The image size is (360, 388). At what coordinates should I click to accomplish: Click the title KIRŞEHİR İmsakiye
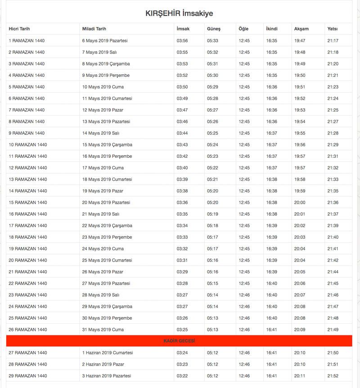179,13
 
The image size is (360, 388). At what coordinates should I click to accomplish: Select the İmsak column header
183,29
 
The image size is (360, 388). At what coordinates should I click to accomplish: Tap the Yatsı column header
333,29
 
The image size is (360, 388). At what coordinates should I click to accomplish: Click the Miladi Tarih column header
94,29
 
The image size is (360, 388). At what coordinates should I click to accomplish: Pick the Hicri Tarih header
19,29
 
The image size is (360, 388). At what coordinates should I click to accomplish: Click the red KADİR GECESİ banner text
179,341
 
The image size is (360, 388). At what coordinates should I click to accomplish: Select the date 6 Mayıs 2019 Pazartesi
105,40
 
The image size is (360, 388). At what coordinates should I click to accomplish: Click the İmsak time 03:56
182,40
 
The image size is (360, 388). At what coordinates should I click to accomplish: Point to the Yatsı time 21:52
333,376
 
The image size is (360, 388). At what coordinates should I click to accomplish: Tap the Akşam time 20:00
300,202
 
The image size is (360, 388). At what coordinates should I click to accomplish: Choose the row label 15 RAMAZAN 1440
28,202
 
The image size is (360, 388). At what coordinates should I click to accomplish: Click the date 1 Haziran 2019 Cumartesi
108,353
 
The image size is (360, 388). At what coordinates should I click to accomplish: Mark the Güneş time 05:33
212,40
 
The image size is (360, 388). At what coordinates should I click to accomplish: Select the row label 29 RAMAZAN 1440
28,376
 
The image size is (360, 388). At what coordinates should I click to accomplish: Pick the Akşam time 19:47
300,40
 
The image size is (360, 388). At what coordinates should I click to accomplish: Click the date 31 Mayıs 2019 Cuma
103,330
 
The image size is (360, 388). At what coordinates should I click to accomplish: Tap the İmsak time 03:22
182,376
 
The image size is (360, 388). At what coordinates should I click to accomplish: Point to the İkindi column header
272,29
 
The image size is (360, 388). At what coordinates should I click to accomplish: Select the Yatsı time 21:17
333,40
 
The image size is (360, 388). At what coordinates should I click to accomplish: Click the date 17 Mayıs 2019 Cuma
103,168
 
